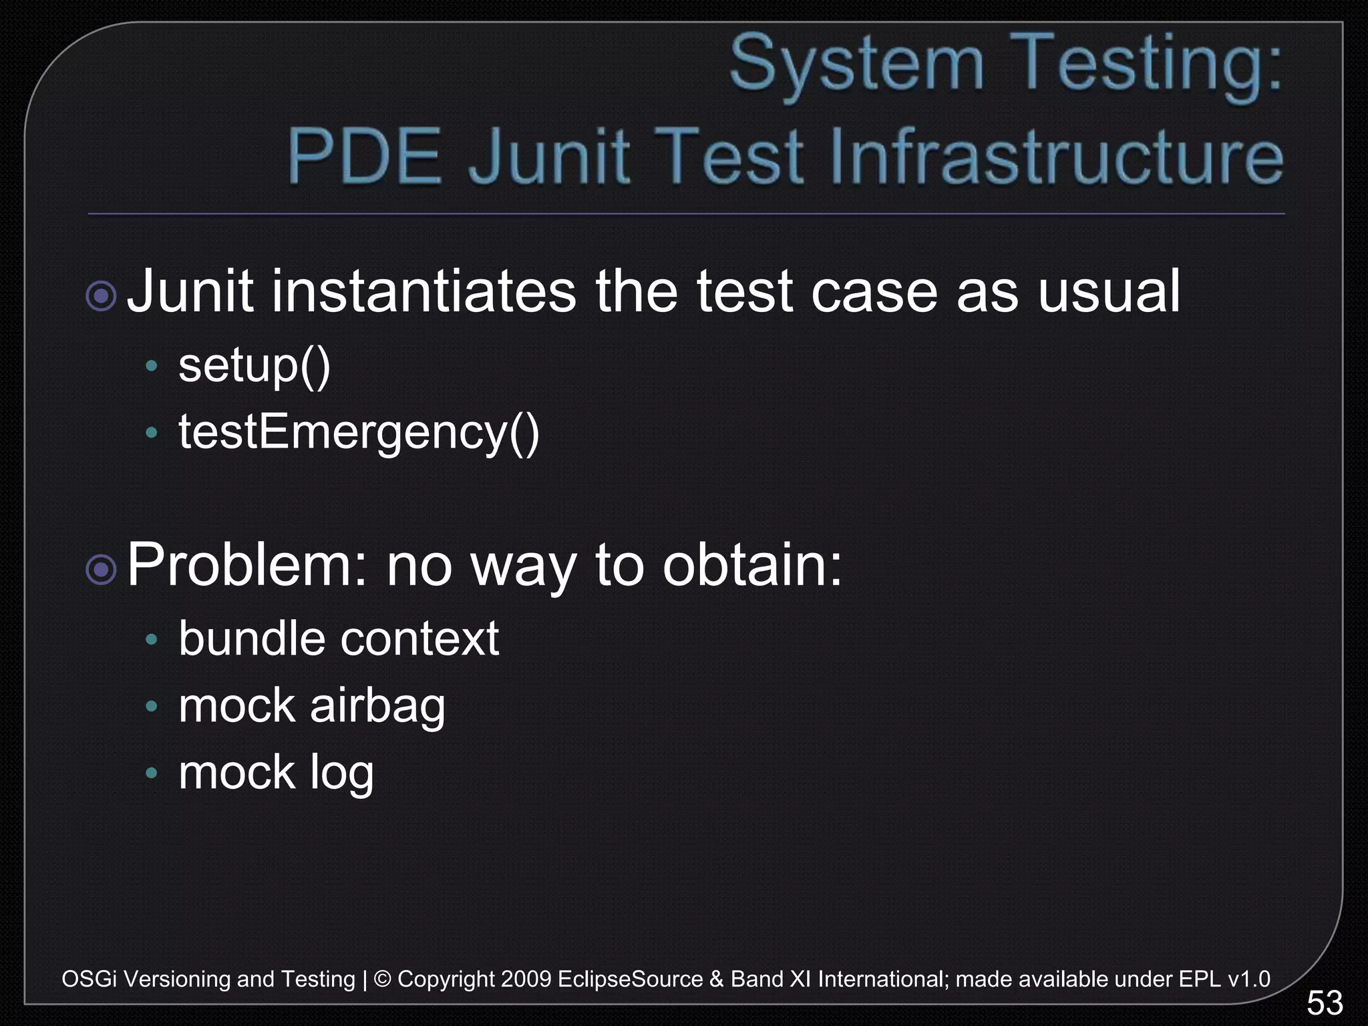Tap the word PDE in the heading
365,157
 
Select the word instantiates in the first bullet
423,291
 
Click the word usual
1109,291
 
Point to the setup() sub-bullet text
254,366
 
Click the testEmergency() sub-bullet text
359,433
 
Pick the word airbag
377,707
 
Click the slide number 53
1325,1003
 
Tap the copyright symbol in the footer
383,979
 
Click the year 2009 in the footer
526,979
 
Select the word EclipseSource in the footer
630,979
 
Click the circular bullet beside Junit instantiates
102,295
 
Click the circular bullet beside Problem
102,570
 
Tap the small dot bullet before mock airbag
152,706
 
